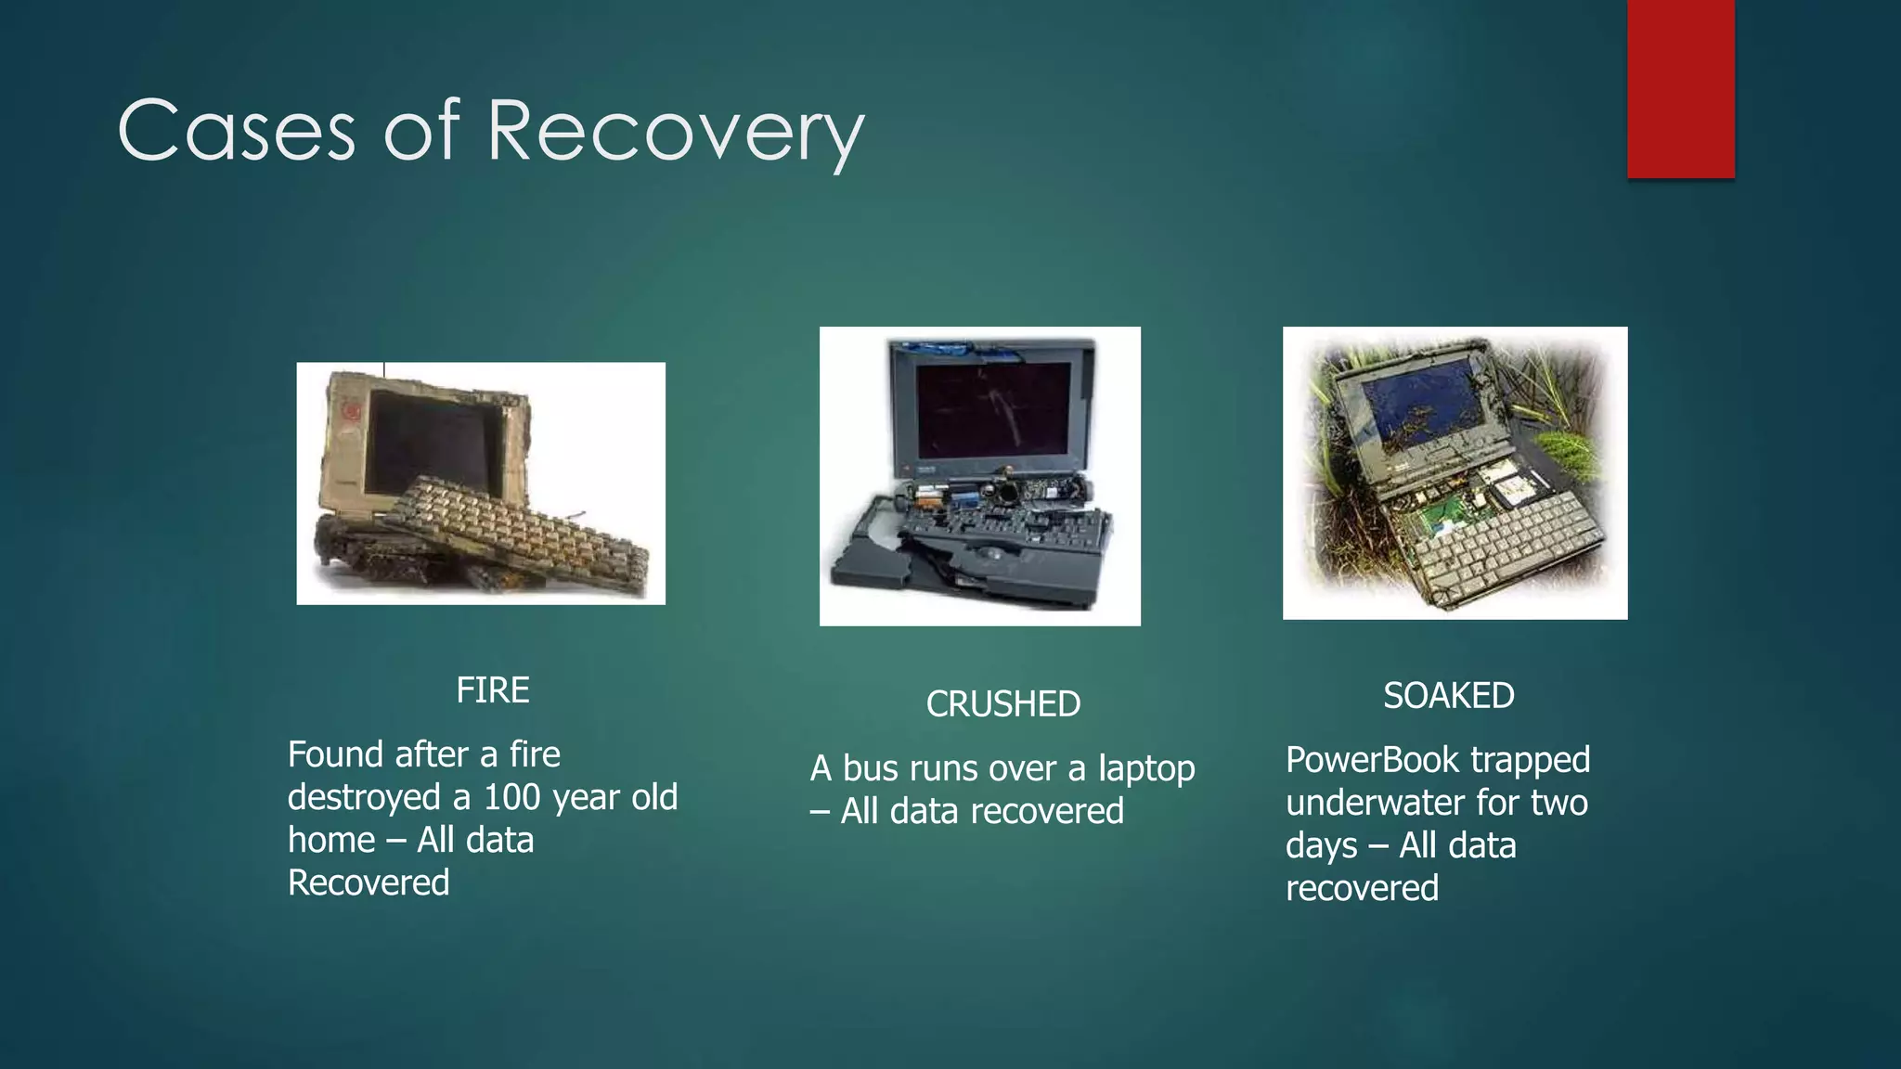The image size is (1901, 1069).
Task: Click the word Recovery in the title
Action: click(675, 131)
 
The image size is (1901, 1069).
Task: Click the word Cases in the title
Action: click(236, 131)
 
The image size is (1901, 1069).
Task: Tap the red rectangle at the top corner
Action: click(1680, 88)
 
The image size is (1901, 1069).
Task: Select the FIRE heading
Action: click(492, 690)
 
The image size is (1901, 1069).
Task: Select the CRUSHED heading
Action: click(1002, 704)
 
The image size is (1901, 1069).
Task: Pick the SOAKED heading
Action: click(1448, 695)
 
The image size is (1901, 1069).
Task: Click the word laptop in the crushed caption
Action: click(1146, 768)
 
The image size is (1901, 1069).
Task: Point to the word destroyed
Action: click(364, 797)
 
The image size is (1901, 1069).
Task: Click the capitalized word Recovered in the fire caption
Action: click(369, 882)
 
